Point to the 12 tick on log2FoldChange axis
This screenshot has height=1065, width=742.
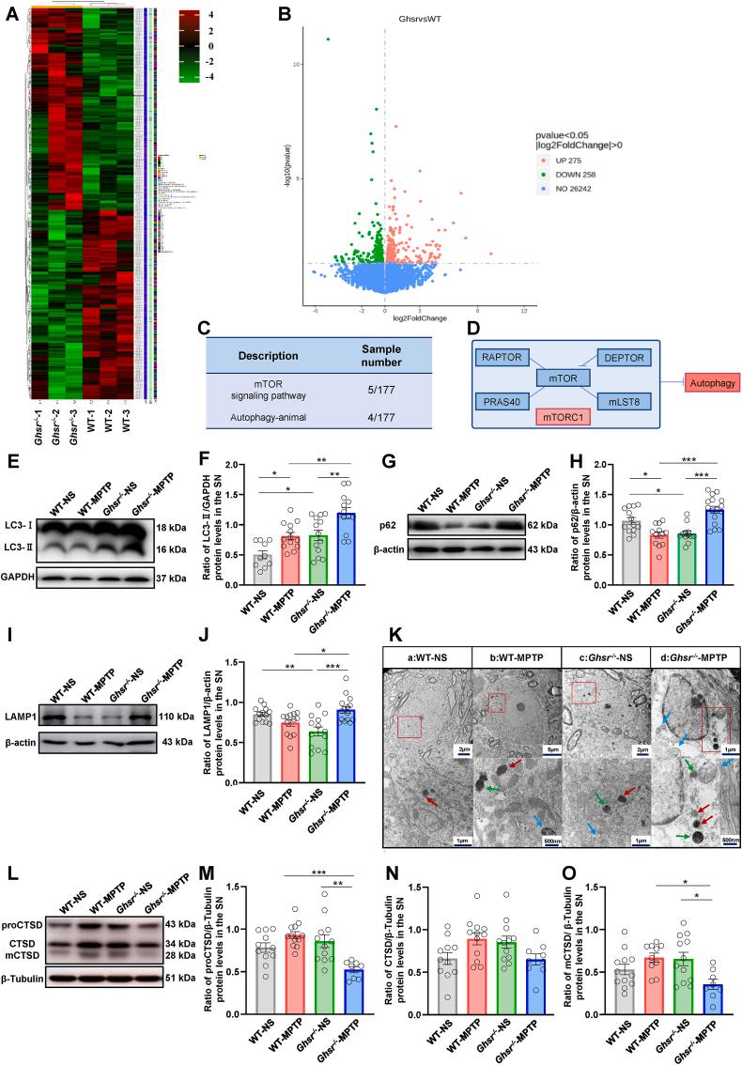click(x=522, y=311)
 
